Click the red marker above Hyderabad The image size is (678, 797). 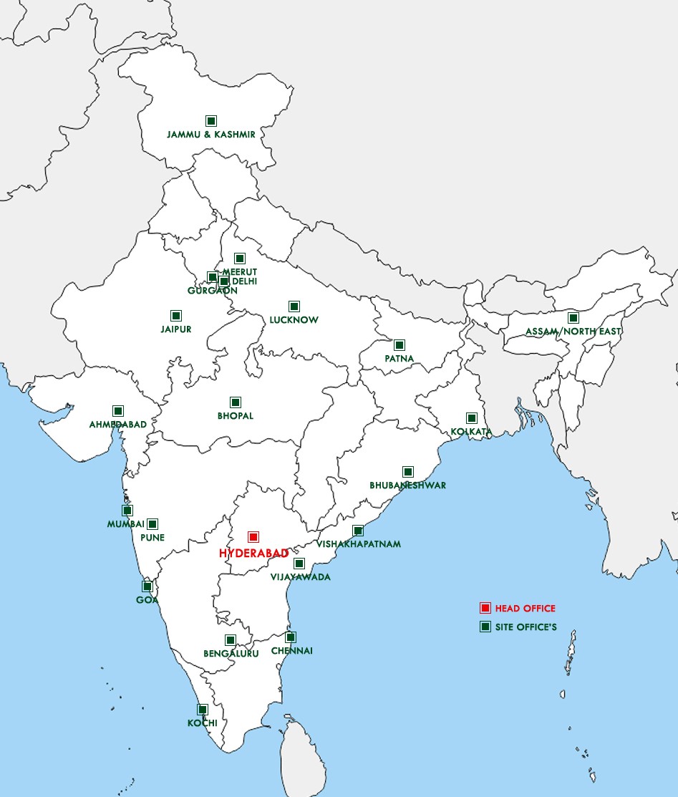(253, 537)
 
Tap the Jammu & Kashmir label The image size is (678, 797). (211, 134)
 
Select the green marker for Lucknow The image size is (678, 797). (294, 306)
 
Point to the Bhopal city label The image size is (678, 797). (236, 416)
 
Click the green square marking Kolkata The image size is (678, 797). (472, 418)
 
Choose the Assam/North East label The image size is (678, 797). (573, 332)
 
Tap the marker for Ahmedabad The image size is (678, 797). (118, 411)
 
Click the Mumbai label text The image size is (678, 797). (126, 524)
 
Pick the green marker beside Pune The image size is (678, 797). (152, 524)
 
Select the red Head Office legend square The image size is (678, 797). (485, 608)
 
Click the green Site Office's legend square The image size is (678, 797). (485, 627)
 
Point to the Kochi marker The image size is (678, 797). (203, 710)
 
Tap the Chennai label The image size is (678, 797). (291, 651)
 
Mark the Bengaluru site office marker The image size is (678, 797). (231, 640)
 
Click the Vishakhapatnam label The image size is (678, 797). (359, 544)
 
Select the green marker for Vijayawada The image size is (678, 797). (299, 564)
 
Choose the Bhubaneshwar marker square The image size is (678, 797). (408, 472)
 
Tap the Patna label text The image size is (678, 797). (399, 358)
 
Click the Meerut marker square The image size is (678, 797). (240, 259)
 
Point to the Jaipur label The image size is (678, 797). (176, 329)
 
